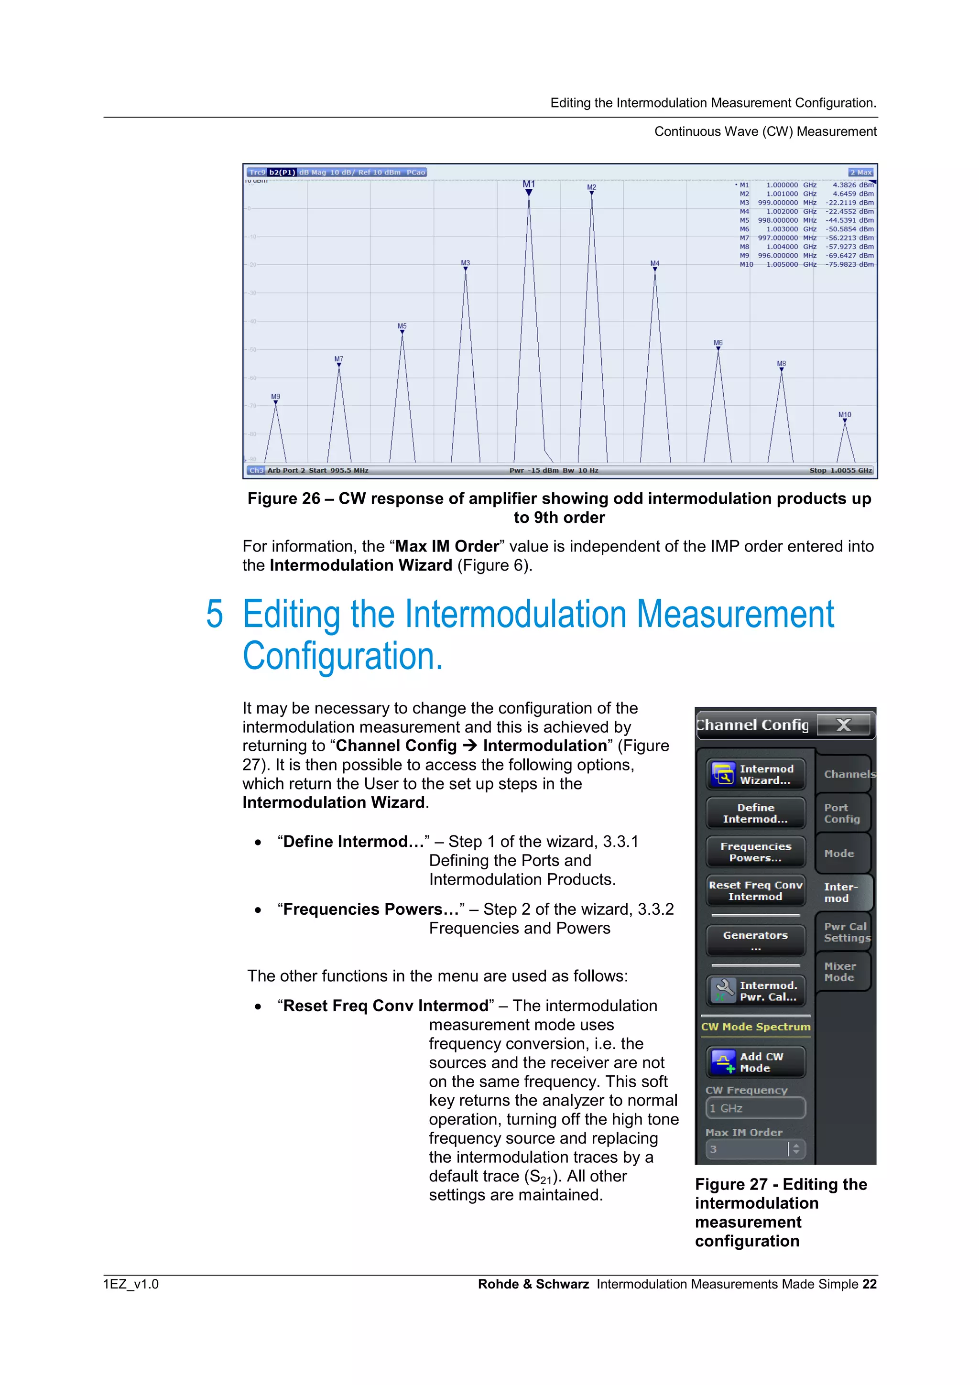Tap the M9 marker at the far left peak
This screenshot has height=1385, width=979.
coord(276,399)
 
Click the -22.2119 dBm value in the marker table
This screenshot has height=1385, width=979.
coord(849,203)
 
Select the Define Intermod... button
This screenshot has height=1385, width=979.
coord(756,813)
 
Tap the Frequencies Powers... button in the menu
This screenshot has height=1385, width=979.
coord(756,852)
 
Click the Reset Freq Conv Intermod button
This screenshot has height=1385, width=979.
coord(756,890)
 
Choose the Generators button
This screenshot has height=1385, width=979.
coord(756,940)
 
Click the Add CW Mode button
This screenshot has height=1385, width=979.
coord(756,1062)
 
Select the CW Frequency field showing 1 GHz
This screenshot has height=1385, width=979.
coord(755,1108)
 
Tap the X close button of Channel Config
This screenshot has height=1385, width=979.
coord(843,725)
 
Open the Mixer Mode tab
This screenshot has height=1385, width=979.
coord(841,972)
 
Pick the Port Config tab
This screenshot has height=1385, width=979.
coord(842,813)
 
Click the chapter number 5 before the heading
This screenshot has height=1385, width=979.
coord(214,615)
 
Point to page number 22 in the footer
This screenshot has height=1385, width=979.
coord(869,1284)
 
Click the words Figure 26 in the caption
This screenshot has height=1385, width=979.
coord(283,499)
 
